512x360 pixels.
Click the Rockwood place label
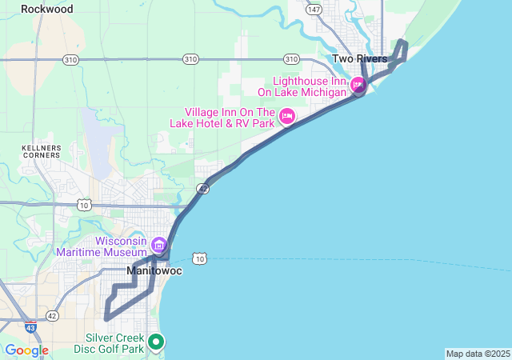coord(46,10)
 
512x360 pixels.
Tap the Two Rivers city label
coord(359,59)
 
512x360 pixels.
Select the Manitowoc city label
coord(154,272)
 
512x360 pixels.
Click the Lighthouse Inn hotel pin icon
coord(358,84)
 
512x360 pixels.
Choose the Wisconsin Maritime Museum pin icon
coord(158,244)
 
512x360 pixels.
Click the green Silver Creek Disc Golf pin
coord(157,342)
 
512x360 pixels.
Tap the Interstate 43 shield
coord(30,327)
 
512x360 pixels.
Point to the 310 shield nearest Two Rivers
coord(291,59)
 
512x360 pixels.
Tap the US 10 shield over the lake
coord(199,258)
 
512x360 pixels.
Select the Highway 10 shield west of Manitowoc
coord(84,206)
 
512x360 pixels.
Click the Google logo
coord(26,350)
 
